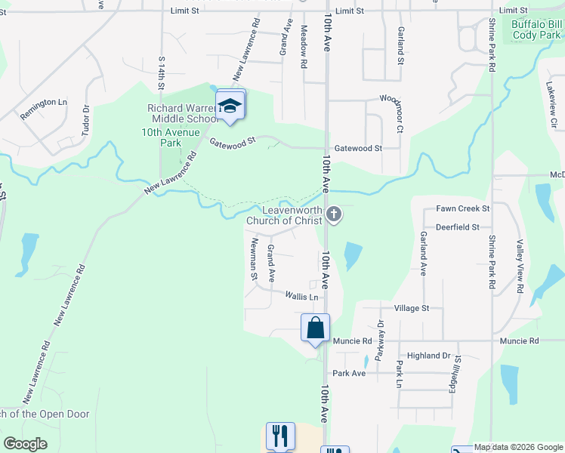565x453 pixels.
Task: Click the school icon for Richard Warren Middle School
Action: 230,106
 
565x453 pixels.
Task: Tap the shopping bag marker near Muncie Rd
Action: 316,328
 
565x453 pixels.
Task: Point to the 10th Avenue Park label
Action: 161,137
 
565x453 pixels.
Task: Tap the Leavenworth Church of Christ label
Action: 292,215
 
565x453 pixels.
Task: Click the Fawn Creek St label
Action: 463,208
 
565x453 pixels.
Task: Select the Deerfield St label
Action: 457,226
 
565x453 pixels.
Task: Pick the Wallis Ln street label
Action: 301,297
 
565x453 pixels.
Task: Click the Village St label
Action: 411,308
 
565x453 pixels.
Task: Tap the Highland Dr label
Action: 428,355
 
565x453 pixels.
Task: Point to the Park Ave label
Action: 349,373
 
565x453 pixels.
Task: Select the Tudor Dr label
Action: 85,117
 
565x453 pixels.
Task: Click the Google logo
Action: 25,444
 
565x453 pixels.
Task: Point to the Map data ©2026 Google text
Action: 517,448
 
